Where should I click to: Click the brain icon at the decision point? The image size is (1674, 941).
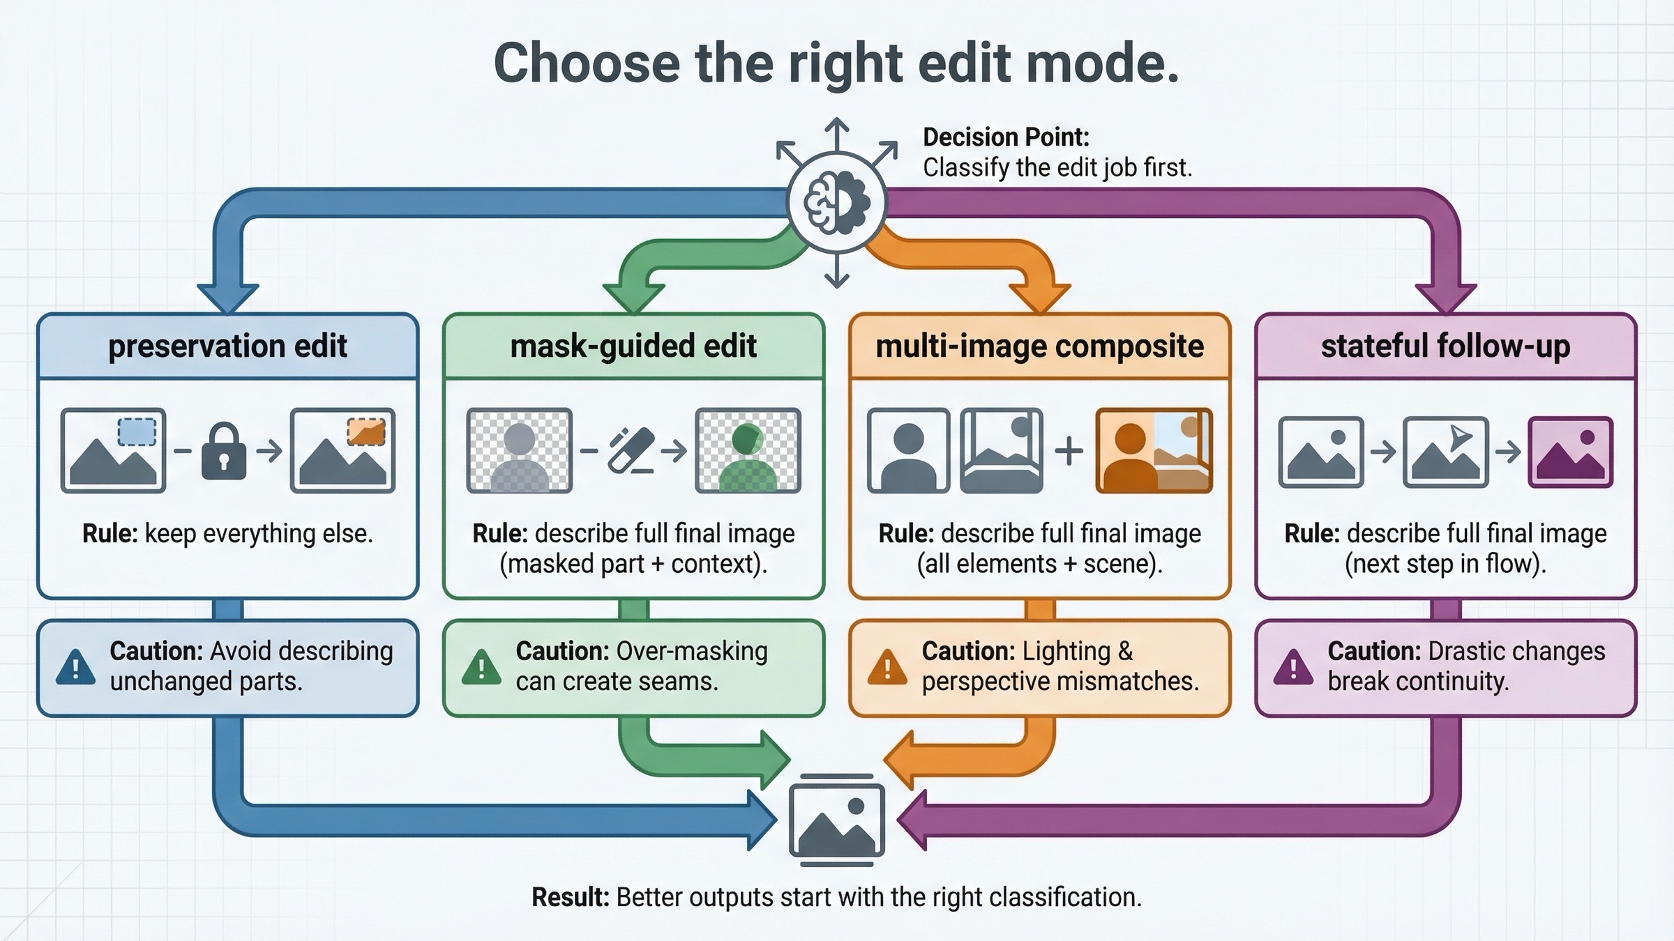click(836, 202)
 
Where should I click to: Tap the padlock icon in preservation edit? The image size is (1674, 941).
click(223, 452)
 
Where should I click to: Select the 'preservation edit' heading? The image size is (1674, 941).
click(227, 346)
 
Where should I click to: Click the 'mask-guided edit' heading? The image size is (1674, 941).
click(633, 346)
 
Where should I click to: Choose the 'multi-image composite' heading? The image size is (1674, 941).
click(1039, 346)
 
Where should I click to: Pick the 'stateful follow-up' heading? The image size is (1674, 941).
click(1445, 346)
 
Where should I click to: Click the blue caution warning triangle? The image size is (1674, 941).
click(75, 667)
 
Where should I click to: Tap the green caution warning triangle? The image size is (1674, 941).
click(481, 667)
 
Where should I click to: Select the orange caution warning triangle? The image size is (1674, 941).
click(887, 667)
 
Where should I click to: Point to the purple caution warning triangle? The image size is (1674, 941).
click(1293, 667)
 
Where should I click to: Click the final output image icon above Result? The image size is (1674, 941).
click(836, 820)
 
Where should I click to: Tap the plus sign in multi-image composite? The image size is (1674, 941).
click(1069, 451)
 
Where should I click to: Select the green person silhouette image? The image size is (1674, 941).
click(748, 451)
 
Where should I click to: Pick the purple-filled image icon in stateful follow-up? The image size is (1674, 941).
click(1570, 452)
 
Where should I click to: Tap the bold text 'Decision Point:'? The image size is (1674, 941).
click(1005, 137)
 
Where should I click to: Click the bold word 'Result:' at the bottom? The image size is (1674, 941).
click(571, 897)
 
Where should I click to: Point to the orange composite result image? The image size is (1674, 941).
click(1154, 451)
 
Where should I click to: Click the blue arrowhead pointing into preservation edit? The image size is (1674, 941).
click(228, 298)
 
